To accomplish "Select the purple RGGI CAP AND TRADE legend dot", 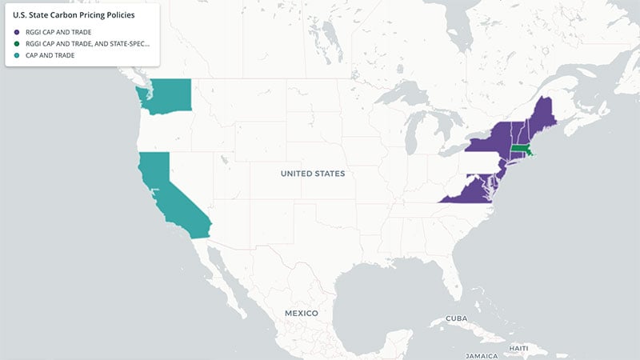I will [17, 32].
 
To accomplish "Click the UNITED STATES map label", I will [313, 174].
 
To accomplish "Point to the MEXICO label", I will [296, 312].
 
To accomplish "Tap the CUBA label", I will [456, 318].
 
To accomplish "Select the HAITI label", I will [518, 348].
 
